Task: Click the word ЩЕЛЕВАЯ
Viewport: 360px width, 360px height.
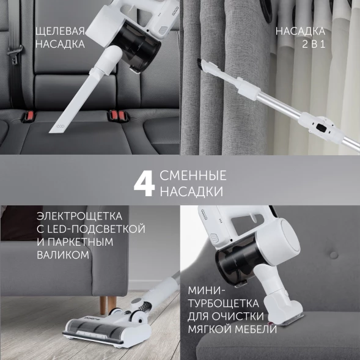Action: [60, 31]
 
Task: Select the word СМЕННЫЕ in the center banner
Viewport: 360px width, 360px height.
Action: [193, 176]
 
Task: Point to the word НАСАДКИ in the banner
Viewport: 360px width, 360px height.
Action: [191, 192]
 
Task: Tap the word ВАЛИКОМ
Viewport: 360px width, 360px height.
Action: [63, 254]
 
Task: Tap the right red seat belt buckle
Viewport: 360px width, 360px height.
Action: [117, 114]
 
